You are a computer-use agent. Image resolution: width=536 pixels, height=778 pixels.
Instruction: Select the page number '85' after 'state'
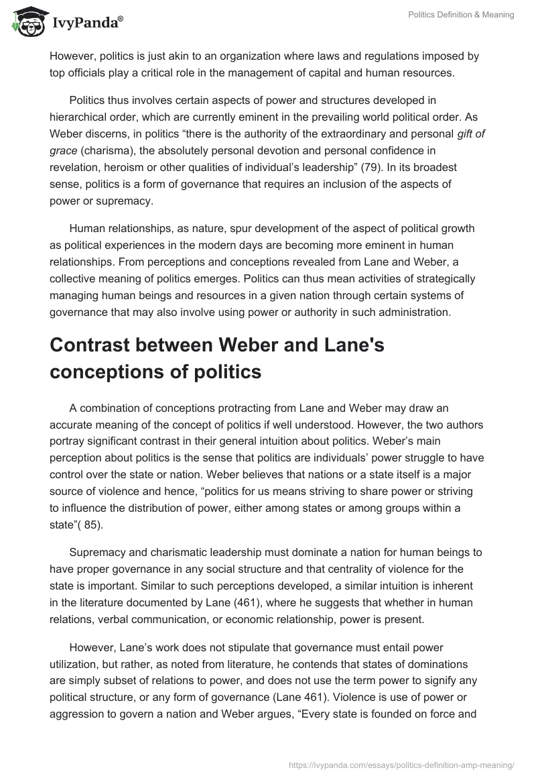pyautogui.click(x=89, y=524)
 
